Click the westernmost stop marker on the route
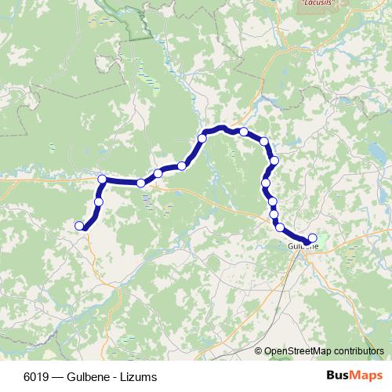coord(79,226)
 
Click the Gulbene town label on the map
coord(303,246)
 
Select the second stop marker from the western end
coord(98,202)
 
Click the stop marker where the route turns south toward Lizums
coord(102,180)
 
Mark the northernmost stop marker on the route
coord(244,132)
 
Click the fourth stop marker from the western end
coord(141,183)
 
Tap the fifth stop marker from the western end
coord(158,173)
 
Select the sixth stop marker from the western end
coord(182,165)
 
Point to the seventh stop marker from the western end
coord(202,139)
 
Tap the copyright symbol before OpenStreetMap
coord(260,351)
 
